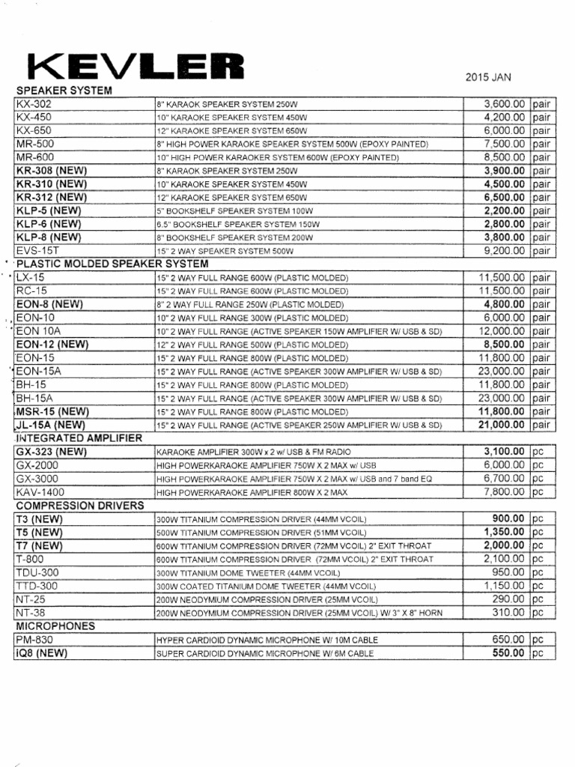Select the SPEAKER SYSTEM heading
click(x=64, y=91)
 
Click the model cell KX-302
click(x=34, y=104)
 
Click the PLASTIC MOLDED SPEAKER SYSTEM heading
click(x=112, y=264)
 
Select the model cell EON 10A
click(x=40, y=331)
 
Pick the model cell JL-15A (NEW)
click(x=51, y=425)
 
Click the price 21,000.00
click(x=496, y=425)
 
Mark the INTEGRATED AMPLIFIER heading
click(x=79, y=437)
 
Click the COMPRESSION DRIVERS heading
click(x=80, y=506)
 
